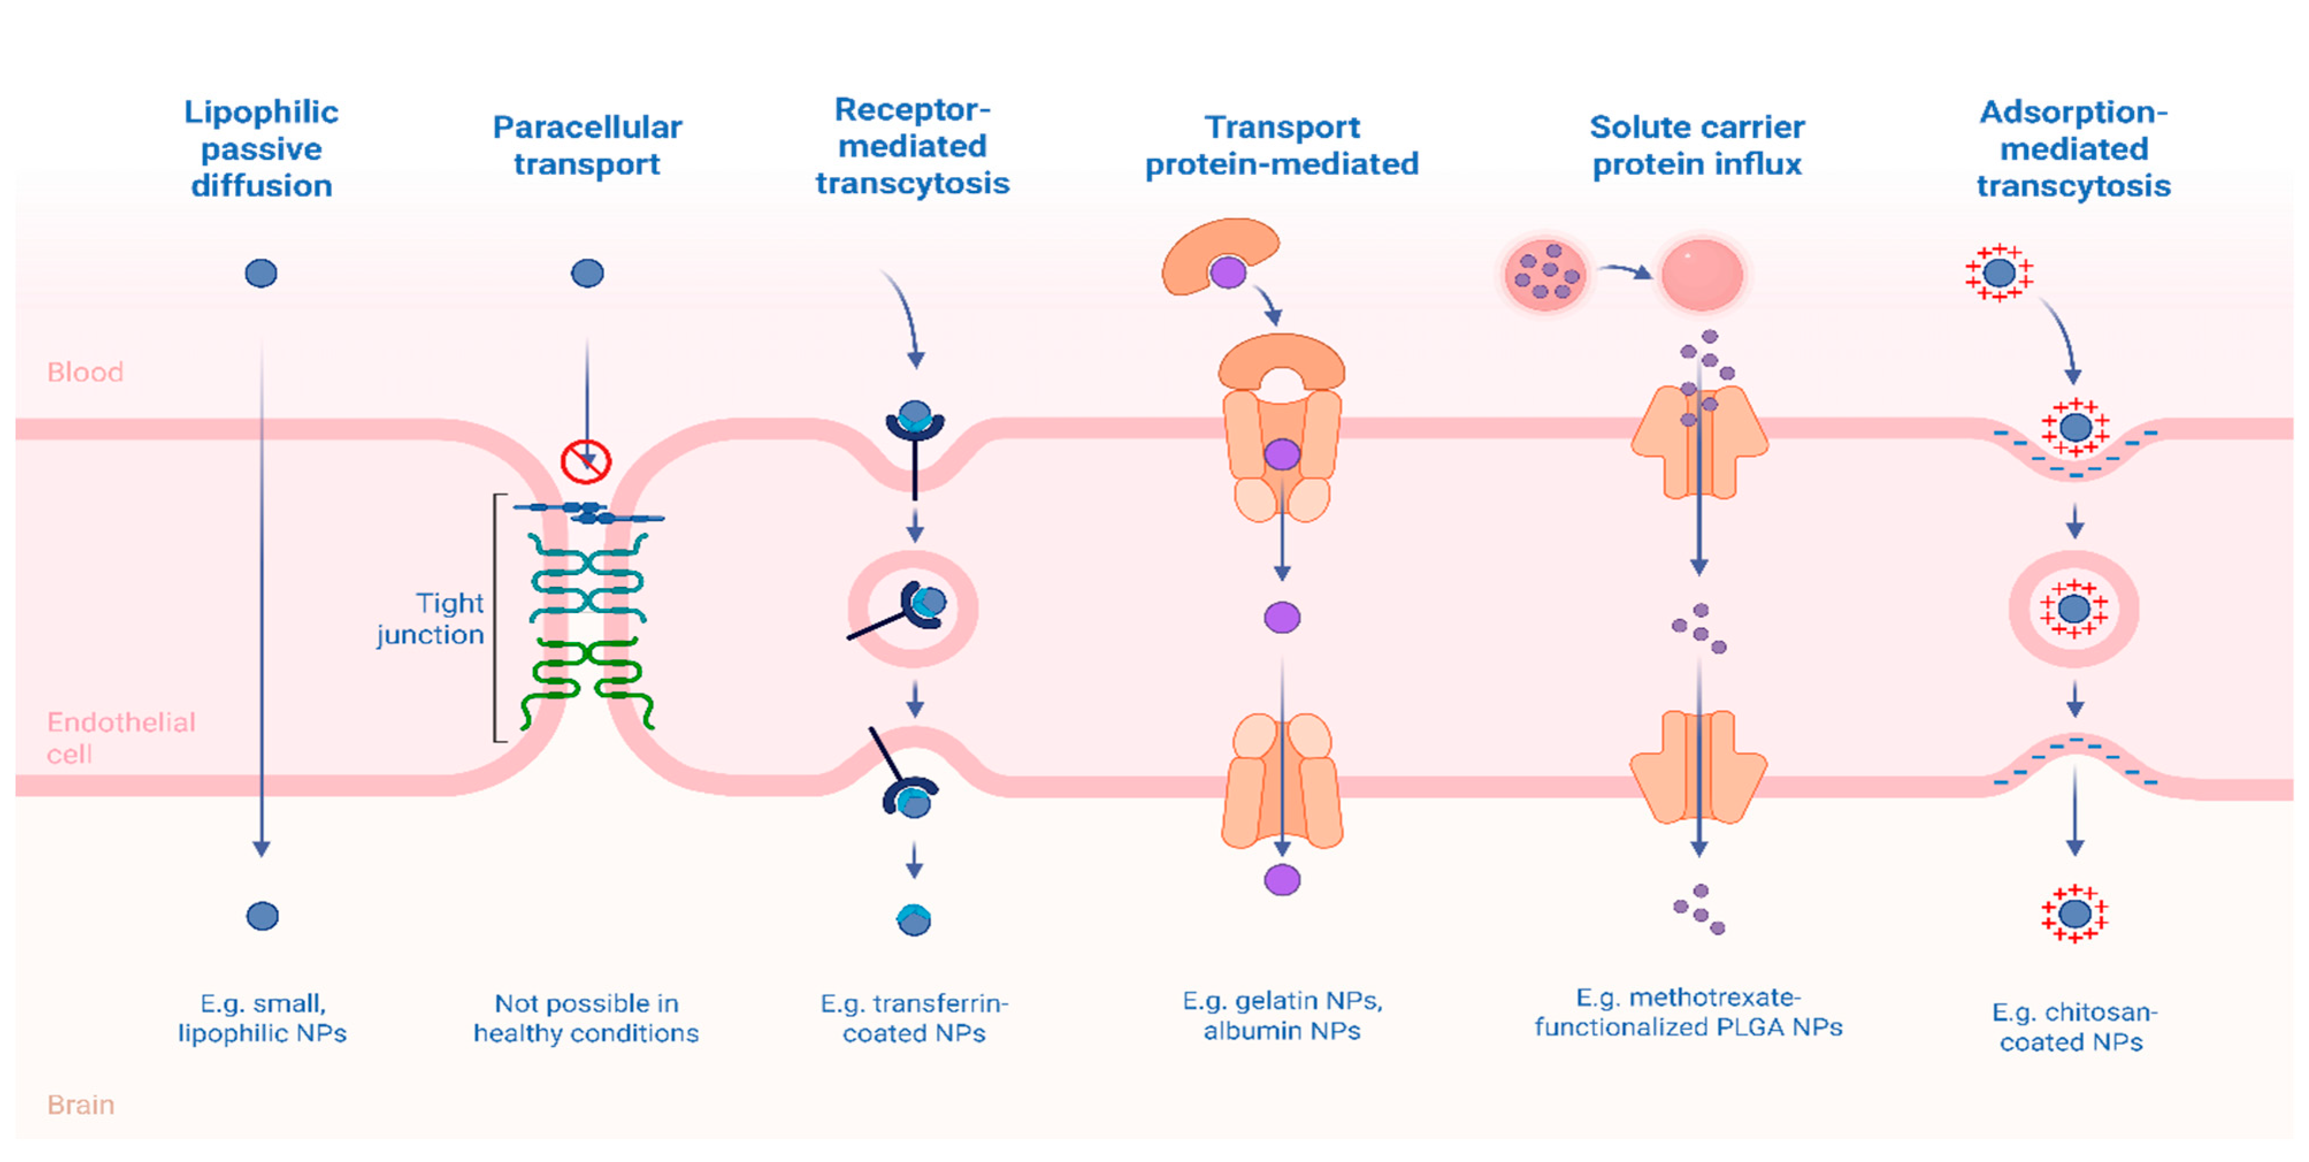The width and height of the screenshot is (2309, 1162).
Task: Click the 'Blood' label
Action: pyautogui.click(x=85, y=372)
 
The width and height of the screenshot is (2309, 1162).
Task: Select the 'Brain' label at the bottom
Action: pyautogui.click(x=80, y=1105)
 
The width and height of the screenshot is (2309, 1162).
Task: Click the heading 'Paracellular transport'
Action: pyautogui.click(x=587, y=145)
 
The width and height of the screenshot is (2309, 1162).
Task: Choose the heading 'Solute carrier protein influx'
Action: pyautogui.click(x=1696, y=145)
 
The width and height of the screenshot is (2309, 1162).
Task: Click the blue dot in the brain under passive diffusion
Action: pyautogui.click(x=262, y=915)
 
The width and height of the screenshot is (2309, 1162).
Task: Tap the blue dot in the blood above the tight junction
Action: pyautogui.click(x=587, y=272)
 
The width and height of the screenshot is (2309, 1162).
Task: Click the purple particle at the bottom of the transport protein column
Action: pyautogui.click(x=1282, y=880)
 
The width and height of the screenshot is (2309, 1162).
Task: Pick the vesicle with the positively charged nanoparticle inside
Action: pyautogui.click(x=2073, y=609)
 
